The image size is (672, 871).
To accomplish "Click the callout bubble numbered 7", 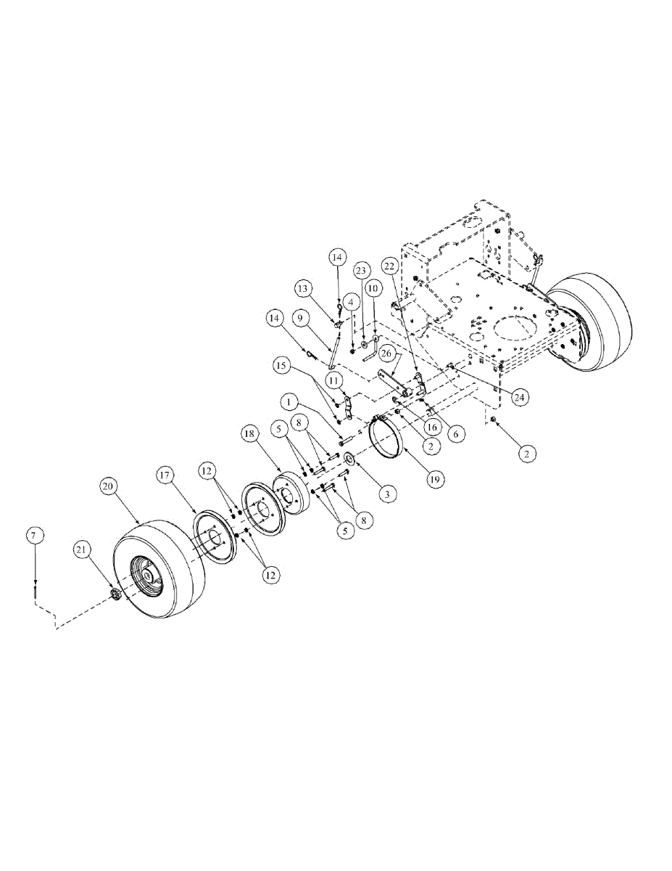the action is [36, 535].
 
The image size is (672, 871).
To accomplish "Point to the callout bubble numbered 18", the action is [251, 434].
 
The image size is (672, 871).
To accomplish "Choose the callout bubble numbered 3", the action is [386, 494].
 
